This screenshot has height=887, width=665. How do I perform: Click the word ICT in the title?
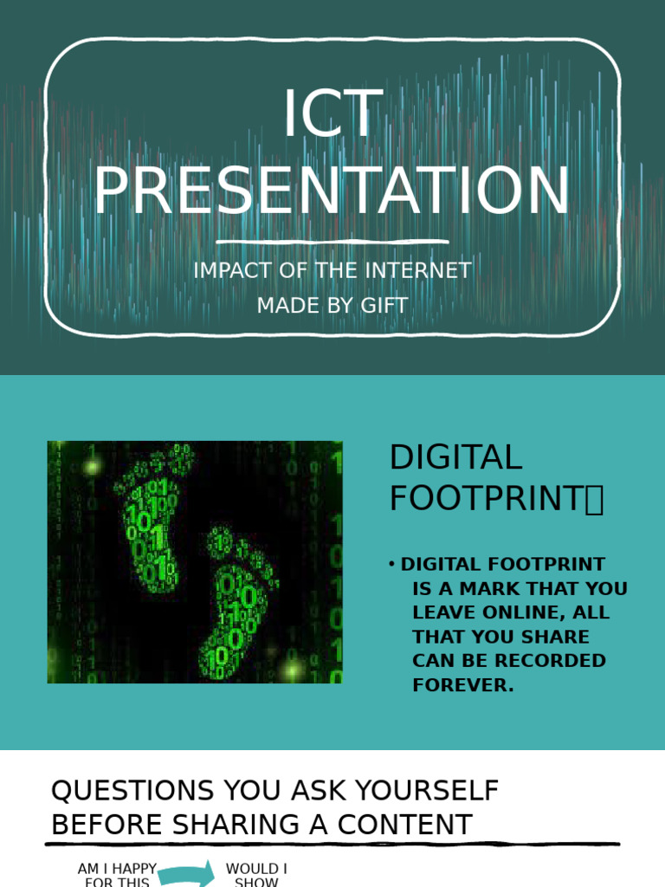(332, 114)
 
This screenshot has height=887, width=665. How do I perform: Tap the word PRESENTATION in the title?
(332, 191)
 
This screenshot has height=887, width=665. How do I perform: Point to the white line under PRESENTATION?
(332, 242)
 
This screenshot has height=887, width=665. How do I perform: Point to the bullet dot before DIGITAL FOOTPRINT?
(392, 565)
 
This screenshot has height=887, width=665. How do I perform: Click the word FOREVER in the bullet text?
(463, 685)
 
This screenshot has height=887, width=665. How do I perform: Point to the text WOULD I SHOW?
(257, 876)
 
